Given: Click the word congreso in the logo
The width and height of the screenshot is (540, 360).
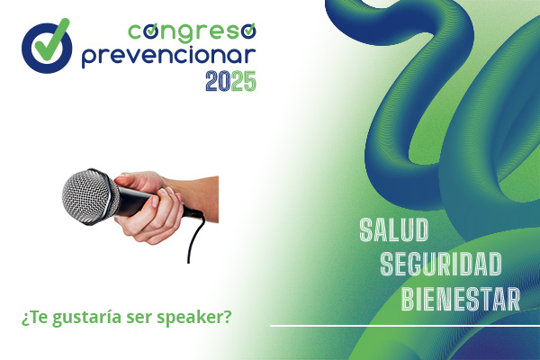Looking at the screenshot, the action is click(x=192, y=32).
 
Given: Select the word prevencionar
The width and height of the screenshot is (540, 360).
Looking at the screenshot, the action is click(x=169, y=57).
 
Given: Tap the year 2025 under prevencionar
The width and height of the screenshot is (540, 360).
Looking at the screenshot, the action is click(x=230, y=81).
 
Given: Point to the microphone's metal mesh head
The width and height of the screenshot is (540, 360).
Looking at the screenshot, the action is click(x=89, y=197).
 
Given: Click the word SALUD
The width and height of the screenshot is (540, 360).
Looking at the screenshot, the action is click(x=393, y=229).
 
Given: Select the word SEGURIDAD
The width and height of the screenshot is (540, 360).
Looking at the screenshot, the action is click(x=441, y=264).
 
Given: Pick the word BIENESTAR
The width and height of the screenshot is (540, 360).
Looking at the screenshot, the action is click(x=461, y=299).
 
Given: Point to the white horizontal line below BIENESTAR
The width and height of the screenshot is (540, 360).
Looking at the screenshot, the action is click(x=405, y=325).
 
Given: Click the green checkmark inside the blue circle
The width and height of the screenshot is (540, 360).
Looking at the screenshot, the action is click(x=51, y=40).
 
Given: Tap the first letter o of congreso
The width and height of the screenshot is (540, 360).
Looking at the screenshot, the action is click(x=151, y=31).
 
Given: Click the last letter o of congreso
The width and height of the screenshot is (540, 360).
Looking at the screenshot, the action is click(x=248, y=31).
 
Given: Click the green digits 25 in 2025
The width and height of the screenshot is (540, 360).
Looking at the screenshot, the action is click(x=244, y=81).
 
